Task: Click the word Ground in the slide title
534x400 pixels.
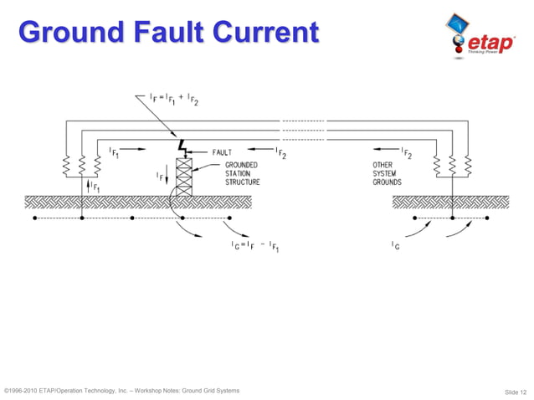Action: [x=64, y=33]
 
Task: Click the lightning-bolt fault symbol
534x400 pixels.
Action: [x=182, y=149]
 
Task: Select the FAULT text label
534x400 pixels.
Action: [x=223, y=152]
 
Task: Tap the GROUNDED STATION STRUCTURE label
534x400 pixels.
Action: [x=240, y=173]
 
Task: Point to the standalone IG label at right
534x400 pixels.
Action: [x=394, y=245]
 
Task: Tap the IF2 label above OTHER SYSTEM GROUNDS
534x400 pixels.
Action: [x=406, y=153]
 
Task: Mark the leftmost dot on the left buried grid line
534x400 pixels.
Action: [x=33, y=219]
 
